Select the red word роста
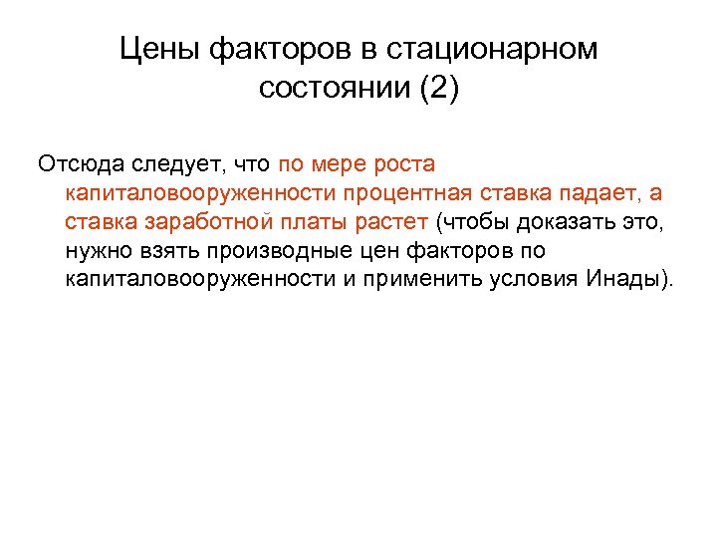403,162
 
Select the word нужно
98,249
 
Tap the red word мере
336,162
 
